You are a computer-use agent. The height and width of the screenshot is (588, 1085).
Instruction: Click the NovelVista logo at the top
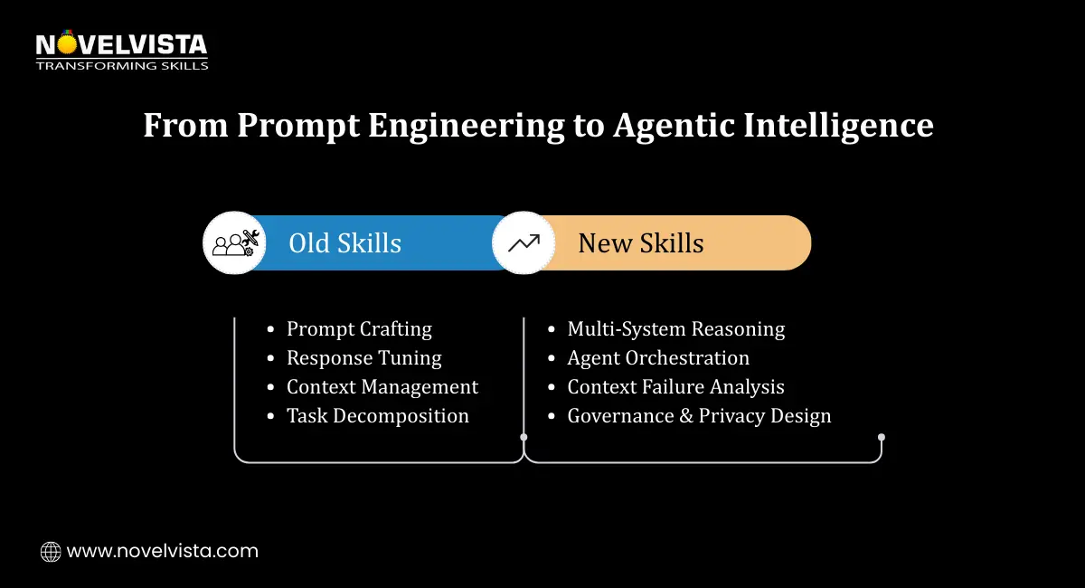121,44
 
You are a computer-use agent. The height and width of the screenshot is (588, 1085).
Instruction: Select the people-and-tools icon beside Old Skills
234,242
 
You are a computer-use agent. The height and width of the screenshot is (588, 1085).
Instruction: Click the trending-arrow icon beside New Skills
524,242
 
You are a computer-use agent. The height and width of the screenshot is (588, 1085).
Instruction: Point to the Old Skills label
344,242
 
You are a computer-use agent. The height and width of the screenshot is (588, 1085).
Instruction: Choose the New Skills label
640,242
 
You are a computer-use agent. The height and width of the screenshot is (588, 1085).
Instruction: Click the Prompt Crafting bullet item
359,328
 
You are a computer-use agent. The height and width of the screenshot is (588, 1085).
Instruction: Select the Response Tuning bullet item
363,357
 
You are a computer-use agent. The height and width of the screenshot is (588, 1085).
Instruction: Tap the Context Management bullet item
382,386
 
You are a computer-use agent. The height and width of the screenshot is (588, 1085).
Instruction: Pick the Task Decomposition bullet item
377,415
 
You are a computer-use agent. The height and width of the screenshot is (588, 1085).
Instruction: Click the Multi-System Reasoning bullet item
675,328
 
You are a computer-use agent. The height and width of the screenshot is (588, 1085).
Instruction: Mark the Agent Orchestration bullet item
657,357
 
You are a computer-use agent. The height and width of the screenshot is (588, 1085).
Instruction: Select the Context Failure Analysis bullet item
675,386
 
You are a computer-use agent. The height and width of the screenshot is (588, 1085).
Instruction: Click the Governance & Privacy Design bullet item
698,415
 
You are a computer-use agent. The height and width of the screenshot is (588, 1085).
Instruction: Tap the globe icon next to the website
51,551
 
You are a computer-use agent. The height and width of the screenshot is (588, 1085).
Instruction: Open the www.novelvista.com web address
163,551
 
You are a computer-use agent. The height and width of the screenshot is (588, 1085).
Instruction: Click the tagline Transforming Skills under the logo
121,65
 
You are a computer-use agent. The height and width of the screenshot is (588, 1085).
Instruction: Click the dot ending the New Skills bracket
882,437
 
